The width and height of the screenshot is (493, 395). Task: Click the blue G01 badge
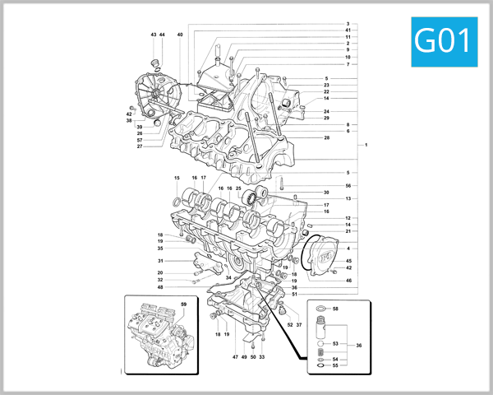(x=444, y=39)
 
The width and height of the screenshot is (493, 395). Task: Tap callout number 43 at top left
(x=154, y=35)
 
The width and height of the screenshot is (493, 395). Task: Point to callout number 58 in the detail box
(x=335, y=309)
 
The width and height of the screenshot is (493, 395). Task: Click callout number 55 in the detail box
(x=335, y=365)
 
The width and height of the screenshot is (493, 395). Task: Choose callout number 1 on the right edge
(x=366, y=146)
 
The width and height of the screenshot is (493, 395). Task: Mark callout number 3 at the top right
(x=348, y=24)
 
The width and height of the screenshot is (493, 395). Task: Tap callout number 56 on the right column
(x=348, y=186)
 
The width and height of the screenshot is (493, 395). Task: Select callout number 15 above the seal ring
(x=177, y=179)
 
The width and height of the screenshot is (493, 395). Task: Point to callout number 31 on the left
(x=160, y=261)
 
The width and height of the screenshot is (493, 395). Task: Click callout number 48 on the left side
(x=160, y=286)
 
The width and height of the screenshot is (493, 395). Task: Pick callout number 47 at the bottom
(x=235, y=357)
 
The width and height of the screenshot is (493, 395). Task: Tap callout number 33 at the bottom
(x=261, y=357)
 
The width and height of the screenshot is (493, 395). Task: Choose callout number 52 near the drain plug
(x=289, y=325)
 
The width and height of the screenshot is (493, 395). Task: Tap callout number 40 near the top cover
(x=180, y=35)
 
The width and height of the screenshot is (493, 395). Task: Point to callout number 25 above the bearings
(x=238, y=188)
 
